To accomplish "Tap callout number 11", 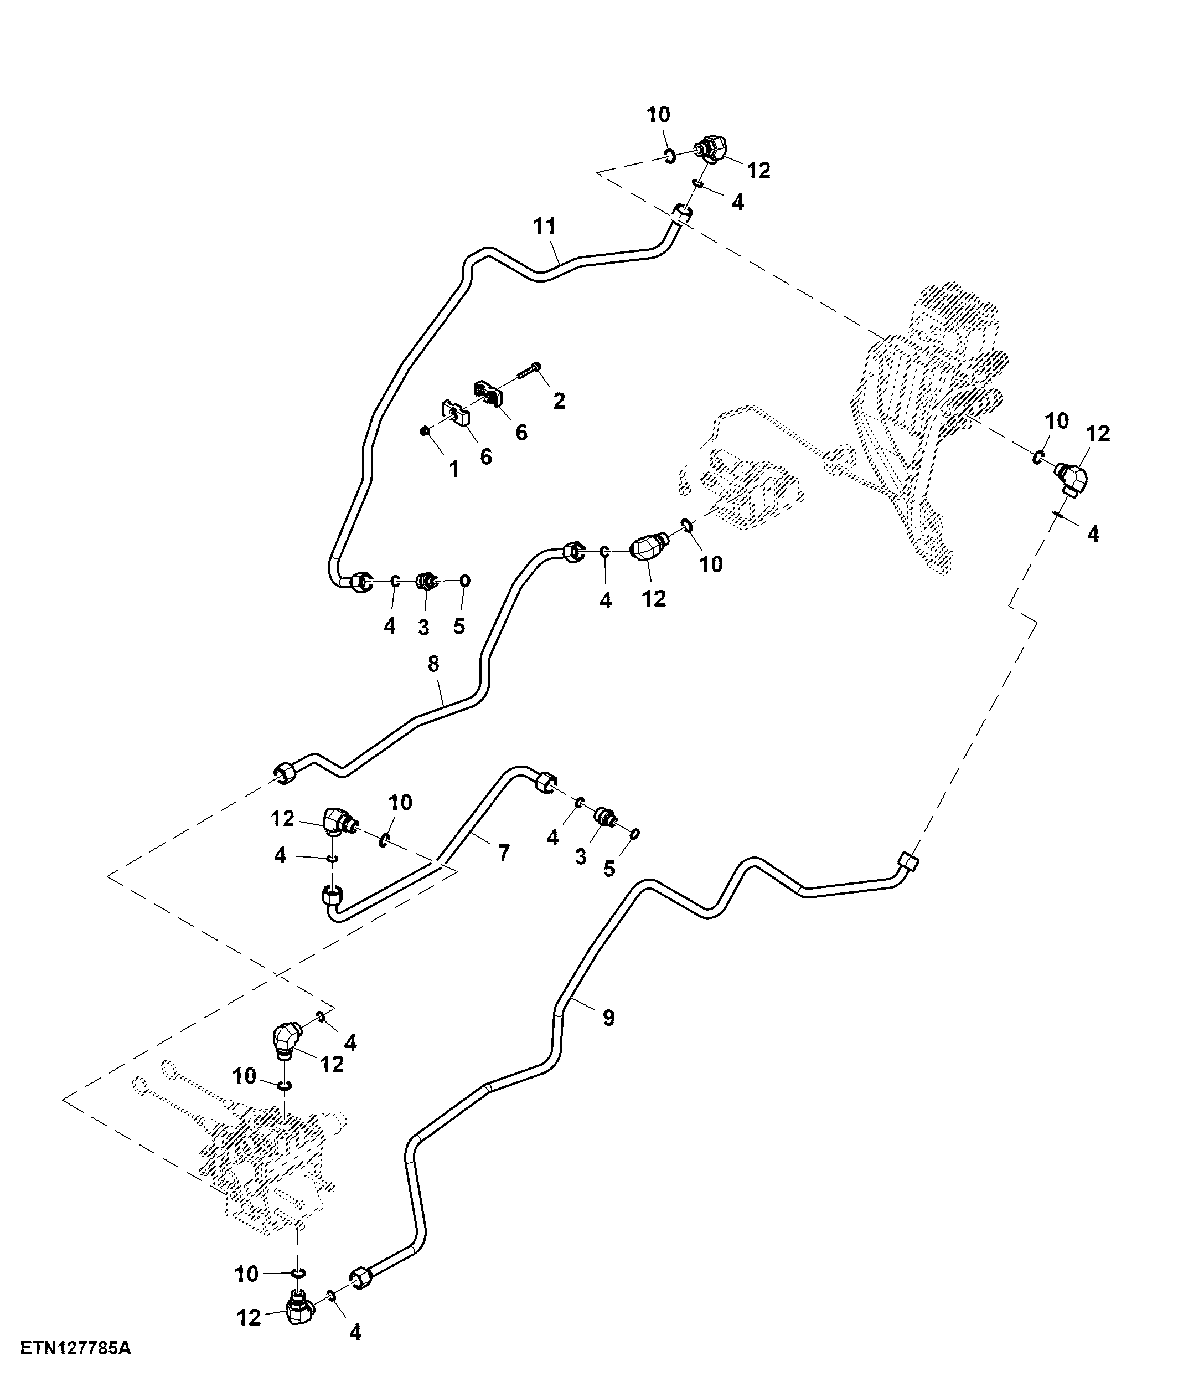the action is coord(545,226).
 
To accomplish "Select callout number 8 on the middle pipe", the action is coord(433,664).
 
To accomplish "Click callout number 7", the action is coord(504,853).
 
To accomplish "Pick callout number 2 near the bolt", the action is coord(559,401).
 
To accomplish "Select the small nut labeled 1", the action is coord(425,432).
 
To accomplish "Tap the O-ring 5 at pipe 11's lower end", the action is coord(465,580).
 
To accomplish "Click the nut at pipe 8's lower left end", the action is coord(285,772).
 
